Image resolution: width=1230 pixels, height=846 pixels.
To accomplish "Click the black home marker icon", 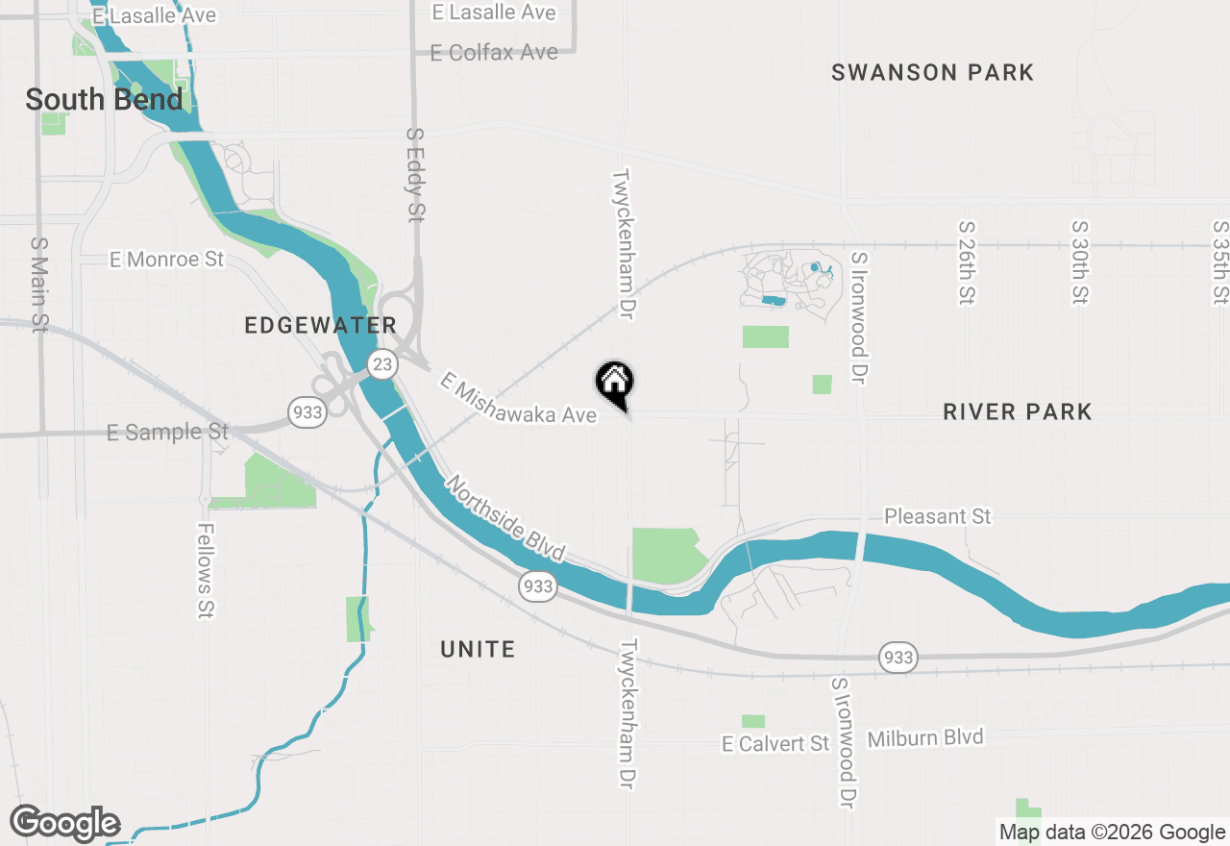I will [x=615, y=383].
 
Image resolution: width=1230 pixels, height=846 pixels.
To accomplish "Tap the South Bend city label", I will [x=104, y=99].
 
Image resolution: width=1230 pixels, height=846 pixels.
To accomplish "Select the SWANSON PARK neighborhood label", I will [x=932, y=72].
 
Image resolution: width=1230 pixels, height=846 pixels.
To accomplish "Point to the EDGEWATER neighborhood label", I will [x=321, y=326].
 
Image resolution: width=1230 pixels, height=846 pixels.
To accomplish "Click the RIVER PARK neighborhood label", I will [x=1017, y=412].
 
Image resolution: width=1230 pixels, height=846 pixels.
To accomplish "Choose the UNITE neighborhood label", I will [x=478, y=650].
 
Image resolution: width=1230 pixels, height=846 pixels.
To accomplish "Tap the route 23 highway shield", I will [x=382, y=363].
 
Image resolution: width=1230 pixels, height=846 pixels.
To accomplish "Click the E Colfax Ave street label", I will [x=494, y=52].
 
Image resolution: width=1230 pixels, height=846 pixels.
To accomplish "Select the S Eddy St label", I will [x=415, y=175].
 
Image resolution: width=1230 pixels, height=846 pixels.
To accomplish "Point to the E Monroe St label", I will [x=166, y=260].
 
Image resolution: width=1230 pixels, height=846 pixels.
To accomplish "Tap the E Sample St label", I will [x=167, y=433].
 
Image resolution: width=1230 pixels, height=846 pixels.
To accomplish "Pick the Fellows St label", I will [x=206, y=570].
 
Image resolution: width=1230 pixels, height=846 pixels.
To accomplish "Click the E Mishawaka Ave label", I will [x=518, y=400].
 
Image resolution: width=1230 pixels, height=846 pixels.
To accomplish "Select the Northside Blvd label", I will [x=504, y=519].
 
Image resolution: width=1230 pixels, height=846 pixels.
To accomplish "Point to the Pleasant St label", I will [x=937, y=516].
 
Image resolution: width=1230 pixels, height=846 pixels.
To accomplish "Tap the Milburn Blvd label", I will [x=925, y=737].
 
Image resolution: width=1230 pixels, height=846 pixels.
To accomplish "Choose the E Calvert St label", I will [x=775, y=743].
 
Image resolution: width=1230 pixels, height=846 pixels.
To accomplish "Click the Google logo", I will [x=64, y=824].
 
